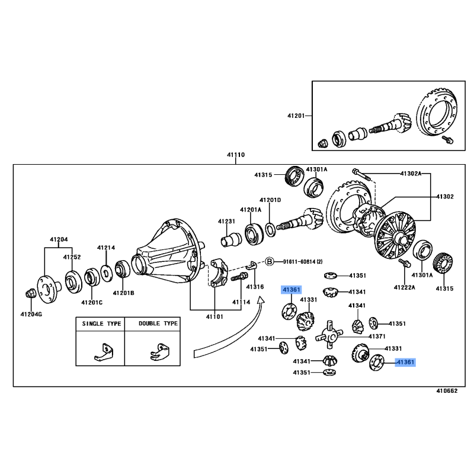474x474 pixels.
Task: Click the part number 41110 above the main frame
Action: (235, 155)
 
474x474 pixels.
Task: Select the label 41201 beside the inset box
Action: (295, 116)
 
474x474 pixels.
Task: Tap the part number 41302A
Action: (410, 174)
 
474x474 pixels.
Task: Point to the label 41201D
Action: (270, 200)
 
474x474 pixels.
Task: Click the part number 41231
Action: (226, 221)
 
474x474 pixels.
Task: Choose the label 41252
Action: (72, 257)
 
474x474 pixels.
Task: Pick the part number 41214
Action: (106, 248)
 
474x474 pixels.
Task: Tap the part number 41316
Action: (255, 287)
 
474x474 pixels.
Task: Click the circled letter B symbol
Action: (270, 261)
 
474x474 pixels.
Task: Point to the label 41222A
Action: (405, 287)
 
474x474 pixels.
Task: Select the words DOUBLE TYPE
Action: (158, 324)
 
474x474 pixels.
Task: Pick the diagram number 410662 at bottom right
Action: (447, 391)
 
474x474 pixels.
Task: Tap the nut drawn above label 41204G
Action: (31, 293)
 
